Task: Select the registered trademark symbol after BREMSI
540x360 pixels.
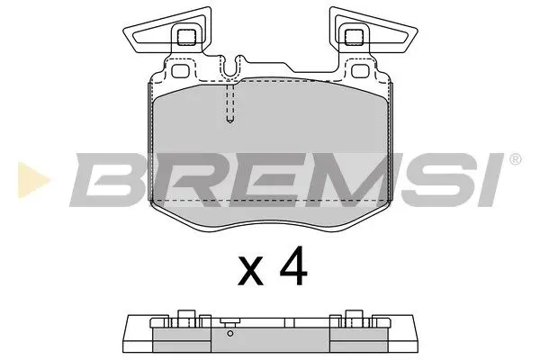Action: click(514, 159)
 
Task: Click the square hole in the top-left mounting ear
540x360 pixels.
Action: click(187, 37)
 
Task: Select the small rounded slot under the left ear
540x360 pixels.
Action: click(179, 71)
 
